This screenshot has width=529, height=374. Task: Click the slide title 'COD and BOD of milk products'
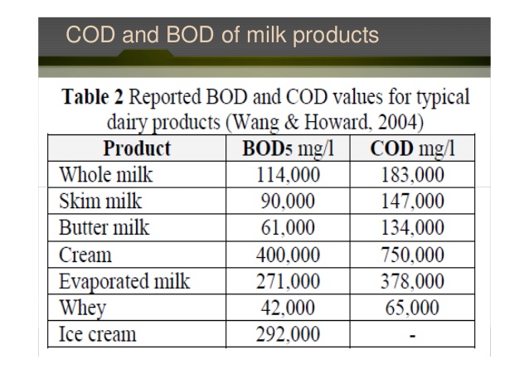point(222,35)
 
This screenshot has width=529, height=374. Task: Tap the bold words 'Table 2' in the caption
point(92,97)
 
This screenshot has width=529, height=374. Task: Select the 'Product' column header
point(137,148)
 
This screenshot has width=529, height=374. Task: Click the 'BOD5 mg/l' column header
point(288,148)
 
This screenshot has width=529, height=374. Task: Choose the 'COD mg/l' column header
point(412,148)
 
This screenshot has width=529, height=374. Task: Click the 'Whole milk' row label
point(106,174)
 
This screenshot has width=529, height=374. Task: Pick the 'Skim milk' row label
point(100,202)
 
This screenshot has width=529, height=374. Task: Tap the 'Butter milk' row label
point(104,227)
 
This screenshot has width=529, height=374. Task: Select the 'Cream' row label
point(85,255)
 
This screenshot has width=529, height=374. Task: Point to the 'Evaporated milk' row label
point(124,281)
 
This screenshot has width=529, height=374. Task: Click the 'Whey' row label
point(83,308)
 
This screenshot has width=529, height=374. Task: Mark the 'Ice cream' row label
point(98,334)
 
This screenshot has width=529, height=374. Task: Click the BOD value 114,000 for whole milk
point(288,175)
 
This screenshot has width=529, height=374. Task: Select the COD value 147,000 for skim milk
point(412,202)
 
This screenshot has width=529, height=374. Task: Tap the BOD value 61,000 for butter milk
point(288,227)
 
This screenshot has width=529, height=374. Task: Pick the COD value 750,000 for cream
point(412,255)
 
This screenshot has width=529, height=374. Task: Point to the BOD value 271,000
point(288,281)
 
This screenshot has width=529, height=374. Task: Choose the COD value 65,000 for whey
point(412,308)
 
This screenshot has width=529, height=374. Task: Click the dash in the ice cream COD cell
point(412,336)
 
